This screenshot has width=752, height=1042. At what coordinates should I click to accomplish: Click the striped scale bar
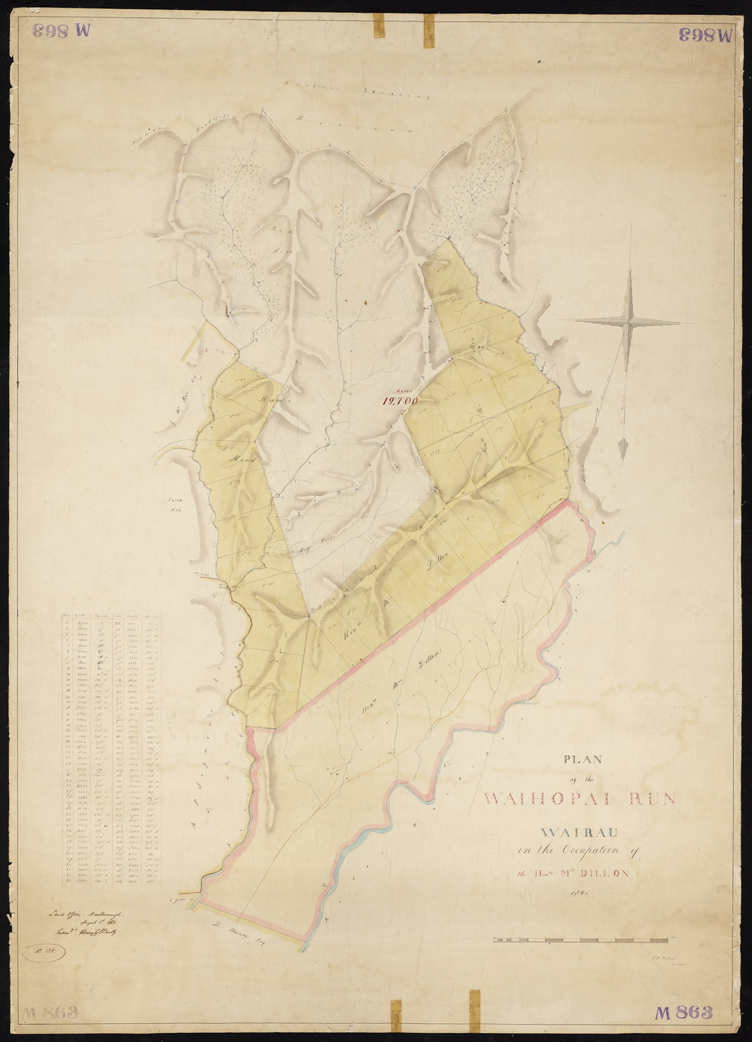[x=580, y=940]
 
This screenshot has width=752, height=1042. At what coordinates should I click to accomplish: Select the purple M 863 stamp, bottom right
[x=683, y=1013]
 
